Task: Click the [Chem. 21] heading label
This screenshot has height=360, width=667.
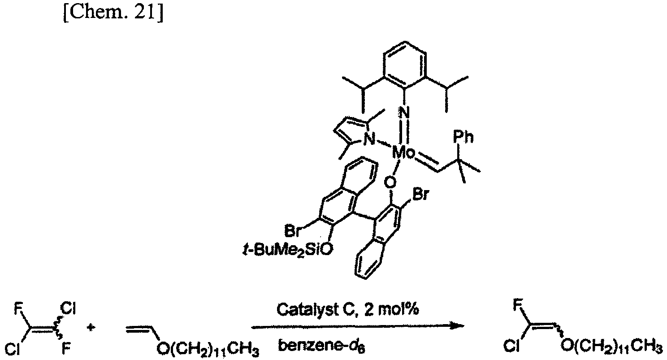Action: [x=113, y=13]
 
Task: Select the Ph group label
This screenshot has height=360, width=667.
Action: [x=463, y=137]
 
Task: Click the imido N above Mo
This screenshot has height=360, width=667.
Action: [x=404, y=113]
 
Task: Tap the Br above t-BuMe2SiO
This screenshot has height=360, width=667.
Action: [x=293, y=231]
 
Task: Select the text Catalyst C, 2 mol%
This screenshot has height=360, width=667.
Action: [x=347, y=310]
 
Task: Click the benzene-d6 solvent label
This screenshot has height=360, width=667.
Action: [x=321, y=346]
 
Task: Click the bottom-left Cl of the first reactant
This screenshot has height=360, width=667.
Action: [x=13, y=349]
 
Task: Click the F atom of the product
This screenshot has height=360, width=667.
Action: [x=518, y=305]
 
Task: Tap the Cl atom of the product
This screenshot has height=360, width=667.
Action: [x=511, y=346]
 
